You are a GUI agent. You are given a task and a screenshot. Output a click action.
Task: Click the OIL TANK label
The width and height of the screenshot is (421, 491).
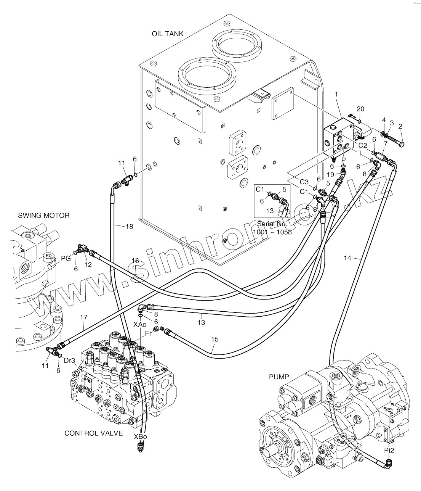tap(168, 34)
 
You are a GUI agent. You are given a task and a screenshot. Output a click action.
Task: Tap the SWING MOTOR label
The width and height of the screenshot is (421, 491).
tap(44, 216)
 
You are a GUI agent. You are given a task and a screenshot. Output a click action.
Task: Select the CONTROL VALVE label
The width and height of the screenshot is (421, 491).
tap(94, 433)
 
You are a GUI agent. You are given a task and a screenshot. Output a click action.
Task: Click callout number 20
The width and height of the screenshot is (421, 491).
tap(360, 109)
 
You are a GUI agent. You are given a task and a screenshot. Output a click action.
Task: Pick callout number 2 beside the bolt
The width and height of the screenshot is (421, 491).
tap(400, 127)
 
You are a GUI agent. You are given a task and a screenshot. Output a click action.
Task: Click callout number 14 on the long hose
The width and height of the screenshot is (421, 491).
tap(347, 258)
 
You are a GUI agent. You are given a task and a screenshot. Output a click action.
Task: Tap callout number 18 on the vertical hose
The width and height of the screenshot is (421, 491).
tap(129, 227)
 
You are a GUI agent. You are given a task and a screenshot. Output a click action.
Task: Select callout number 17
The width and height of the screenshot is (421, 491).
tap(84, 317)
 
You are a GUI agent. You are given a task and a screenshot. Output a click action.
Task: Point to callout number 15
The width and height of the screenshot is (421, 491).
tap(215, 339)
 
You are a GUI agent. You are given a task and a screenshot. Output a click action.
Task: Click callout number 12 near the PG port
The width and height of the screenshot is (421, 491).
tap(88, 264)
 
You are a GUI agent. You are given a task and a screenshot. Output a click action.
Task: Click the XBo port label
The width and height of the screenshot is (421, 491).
tap(141, 436)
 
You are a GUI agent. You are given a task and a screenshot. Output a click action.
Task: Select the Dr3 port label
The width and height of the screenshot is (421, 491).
tap(69, 361)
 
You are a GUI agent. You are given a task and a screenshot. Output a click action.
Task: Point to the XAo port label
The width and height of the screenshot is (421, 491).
tap(140, 324)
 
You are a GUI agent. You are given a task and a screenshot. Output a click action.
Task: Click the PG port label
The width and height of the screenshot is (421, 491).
tap(66, 258)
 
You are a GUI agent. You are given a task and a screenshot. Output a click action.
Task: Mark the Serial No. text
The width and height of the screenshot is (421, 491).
tap(272, 224)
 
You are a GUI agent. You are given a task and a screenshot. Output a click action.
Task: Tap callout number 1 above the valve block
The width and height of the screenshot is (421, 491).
tap(336, 94)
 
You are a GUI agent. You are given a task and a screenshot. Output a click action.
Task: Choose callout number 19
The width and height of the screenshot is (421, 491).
tap(330, 175)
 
